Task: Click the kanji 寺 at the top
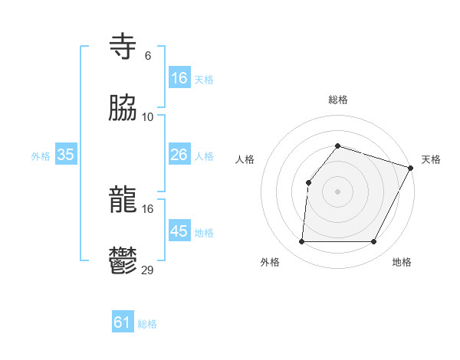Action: click(x=123, y=47)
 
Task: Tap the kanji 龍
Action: click(x=123, y=201)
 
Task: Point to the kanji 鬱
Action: click(x=123, y=260)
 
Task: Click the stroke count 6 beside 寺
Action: click(x=148, y=56)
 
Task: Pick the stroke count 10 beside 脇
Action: click(x=148, y=116)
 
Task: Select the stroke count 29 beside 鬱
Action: click(x=148, y=270)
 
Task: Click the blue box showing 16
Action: click(x=179, y=77)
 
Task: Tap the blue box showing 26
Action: click(x=179, y=155)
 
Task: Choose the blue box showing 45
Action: click(x=179, y=231)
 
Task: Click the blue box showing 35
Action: click(x=66, y=155)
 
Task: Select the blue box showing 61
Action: click(x=123, y=322)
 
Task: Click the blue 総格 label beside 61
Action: click(x=147, y=324)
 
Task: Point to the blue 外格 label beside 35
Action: click(x=41, y=156)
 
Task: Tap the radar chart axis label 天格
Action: click(x=431, y=159)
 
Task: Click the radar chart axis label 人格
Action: click(x=245, y=159)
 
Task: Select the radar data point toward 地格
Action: click(x=374, y=242)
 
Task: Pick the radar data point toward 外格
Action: click(x=301, y=242)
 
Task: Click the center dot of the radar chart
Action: click(x=337, y=191)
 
